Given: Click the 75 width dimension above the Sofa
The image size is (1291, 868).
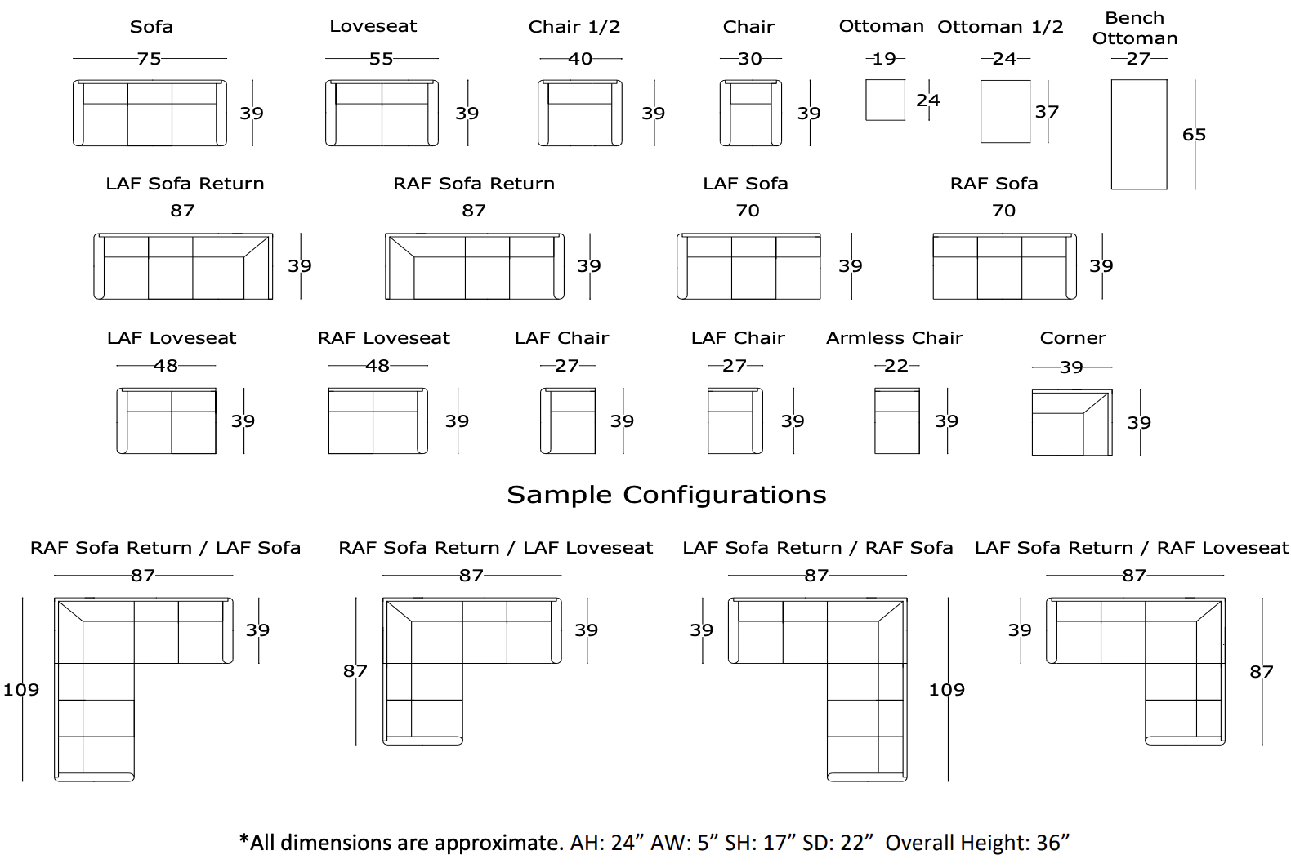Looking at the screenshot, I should (149, 59).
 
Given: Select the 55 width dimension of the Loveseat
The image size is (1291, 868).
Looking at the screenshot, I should (381, 59).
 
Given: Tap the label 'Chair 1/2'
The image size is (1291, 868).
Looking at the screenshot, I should (574, 27).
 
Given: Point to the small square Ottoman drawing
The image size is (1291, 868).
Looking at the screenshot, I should (885, 100).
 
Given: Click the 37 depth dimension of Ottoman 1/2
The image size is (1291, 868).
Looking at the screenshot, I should (1047, 112).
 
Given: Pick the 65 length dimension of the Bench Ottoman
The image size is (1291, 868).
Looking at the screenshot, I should (1194, 135).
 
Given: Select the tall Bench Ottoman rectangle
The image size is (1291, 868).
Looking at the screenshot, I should (1138, 135).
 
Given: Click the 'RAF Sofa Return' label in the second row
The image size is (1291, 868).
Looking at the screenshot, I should (474, 184).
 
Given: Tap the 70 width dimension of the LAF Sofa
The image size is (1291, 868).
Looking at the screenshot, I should (748, 211).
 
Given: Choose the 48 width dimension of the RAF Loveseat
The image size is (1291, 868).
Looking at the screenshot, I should (377, 366).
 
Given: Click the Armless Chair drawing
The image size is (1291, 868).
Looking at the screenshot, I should (896, 421).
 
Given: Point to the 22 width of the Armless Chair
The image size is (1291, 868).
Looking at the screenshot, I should (896, 366).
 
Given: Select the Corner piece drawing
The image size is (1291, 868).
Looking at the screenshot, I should (1071, 423).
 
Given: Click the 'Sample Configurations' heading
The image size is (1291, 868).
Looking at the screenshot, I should (666, 495).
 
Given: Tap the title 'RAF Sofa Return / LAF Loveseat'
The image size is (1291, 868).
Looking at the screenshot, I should (495, 548).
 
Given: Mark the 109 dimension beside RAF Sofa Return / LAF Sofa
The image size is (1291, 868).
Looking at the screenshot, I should (20, 690).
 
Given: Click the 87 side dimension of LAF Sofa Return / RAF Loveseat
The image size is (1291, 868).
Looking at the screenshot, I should (1261, 672).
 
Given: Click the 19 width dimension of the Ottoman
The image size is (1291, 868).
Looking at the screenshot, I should (884, 59).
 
